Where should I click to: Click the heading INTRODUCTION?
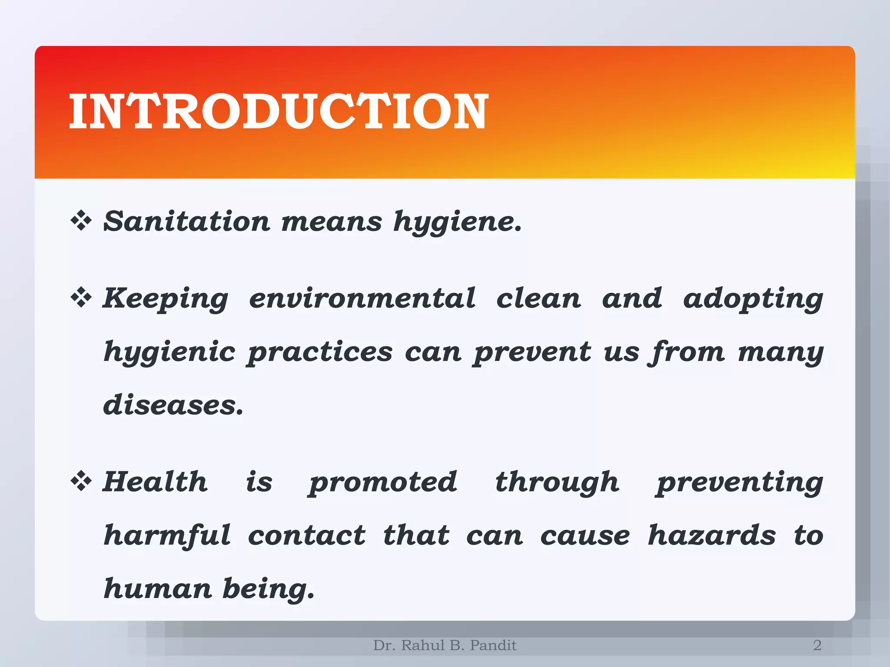click(279, 112)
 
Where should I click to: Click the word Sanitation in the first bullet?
click(187, 221)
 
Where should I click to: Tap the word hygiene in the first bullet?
click(457, 222)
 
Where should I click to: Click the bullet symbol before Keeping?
click(81, 297)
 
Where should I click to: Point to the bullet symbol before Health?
click(81, 481)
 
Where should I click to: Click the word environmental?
click(362, 298)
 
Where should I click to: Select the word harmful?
click(167, 535)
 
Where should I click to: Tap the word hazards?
click(711, 535)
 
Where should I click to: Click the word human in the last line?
click(157, 588)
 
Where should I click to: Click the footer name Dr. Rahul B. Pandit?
click(445, 645)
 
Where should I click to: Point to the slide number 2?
click(817, 645)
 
